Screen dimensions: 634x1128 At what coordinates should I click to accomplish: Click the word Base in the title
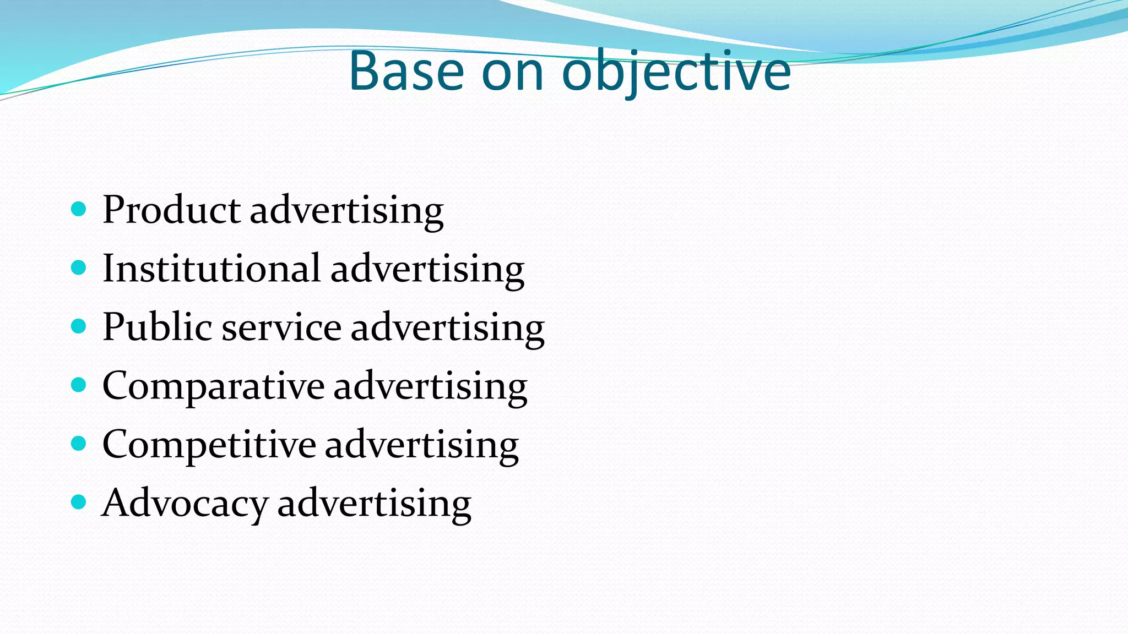[x=406, y=72]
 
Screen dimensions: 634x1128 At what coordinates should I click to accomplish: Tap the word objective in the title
[x=676, y=72]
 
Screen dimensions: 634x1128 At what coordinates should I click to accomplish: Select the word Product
[x=171, y=210]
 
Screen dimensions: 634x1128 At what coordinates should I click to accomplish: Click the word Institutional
[x=211, y=269]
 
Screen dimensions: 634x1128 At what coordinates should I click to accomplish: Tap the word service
[x=281, y=329]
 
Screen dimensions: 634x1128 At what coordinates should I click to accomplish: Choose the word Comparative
[x=213, y=387]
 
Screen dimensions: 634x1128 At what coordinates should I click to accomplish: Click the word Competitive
[x=209, y=445]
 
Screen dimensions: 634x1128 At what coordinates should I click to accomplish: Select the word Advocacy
[x=185, y=504]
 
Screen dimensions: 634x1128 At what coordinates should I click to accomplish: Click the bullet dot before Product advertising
[x=79, y=209]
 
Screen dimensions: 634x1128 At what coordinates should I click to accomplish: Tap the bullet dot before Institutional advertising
[x=79, y=268]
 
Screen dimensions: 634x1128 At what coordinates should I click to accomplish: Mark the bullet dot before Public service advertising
[x=79, y=326]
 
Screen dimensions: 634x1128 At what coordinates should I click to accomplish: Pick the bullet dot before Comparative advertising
[x=79, y=385]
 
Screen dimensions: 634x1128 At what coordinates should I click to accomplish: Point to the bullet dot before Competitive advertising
[x=79, y=444]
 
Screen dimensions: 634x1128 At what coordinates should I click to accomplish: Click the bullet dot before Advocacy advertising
[x=79, y=502]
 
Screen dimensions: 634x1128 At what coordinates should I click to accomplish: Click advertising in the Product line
[x=346, y=211]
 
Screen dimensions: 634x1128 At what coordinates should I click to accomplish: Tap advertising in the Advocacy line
[x=374, y=504]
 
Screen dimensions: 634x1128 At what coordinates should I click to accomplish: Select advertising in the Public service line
[x=447, y=329]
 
